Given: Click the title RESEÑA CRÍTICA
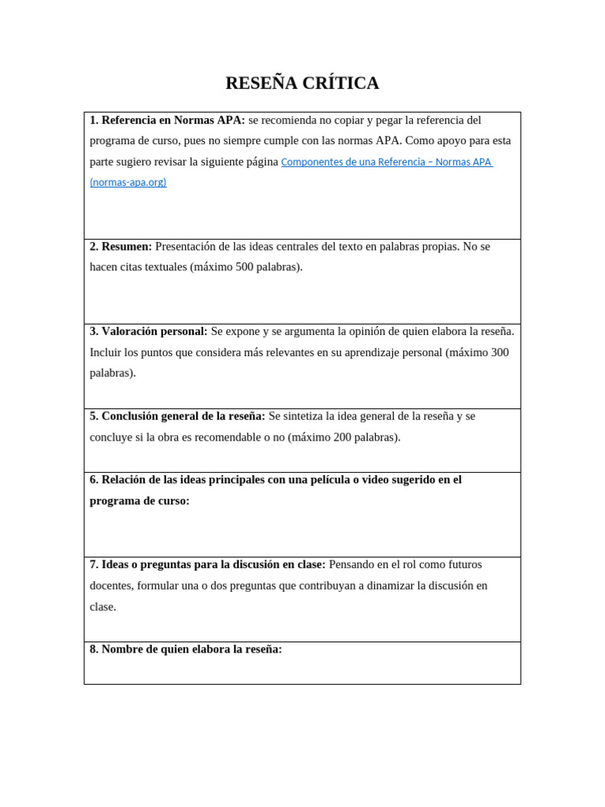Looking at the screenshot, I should [302, 83].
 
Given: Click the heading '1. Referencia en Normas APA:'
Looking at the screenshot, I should [167, 121].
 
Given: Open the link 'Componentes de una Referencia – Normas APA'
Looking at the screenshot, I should [386, 162].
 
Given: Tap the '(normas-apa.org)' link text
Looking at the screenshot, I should [128, 183].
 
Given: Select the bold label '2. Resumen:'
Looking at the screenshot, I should [121, 247].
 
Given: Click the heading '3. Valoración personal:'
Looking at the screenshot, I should [148, 331].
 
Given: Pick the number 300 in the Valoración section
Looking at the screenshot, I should [499, 352].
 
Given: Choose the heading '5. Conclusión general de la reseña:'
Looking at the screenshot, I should [177, 416].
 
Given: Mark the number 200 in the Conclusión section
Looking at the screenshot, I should [343, 437].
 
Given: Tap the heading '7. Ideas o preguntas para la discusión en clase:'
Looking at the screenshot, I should [207, 565].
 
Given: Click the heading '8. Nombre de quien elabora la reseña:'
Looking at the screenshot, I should [185, 649].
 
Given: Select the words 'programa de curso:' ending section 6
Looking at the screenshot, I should [139, 501].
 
